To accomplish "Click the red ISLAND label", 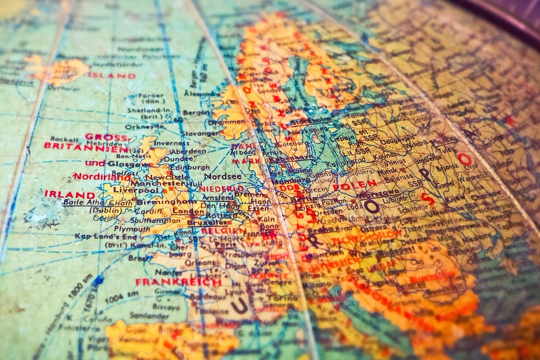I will [112, 76].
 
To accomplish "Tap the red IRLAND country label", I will [70, 194].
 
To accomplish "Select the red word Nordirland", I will [102, 176].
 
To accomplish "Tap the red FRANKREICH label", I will [179, 282].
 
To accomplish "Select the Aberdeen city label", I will [189, 151].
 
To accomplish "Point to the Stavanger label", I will [201, 133].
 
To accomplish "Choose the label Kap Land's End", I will [99, 236].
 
